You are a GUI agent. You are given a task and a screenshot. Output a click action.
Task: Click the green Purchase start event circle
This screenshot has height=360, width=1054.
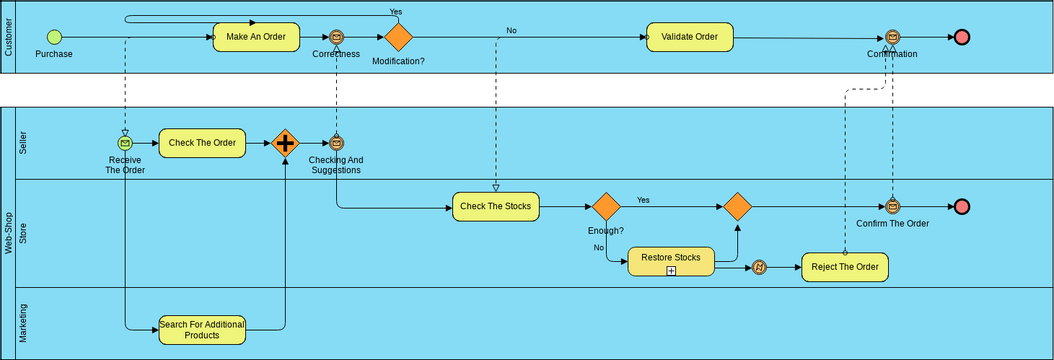point(54,37)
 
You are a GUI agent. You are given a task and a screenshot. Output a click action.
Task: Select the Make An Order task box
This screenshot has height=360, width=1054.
point(256,37)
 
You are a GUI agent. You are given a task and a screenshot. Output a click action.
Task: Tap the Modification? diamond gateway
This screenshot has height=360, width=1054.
point(398,37)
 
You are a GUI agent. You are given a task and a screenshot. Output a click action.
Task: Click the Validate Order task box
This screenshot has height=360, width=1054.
point(689,37)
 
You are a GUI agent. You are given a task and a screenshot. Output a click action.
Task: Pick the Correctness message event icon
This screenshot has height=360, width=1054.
point(337,37)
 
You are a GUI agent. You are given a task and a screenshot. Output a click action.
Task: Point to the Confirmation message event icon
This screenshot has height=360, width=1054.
point(892,37)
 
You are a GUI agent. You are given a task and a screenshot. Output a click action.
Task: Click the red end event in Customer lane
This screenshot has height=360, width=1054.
point(962,37)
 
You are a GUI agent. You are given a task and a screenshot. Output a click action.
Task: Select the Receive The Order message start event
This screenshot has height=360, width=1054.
point(125,143)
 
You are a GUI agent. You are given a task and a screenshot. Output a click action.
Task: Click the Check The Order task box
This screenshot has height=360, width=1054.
point(202,143)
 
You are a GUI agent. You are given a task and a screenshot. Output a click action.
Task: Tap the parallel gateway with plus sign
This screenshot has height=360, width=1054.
point(286,143)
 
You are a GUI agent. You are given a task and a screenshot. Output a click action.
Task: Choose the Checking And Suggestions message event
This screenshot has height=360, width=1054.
point(336,143)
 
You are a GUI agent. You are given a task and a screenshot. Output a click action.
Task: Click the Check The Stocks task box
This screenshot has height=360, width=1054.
point(496,207)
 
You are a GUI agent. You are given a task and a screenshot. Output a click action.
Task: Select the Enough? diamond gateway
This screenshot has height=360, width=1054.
point(606,207)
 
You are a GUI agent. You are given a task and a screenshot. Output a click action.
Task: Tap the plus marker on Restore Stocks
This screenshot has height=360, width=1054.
point(672,270)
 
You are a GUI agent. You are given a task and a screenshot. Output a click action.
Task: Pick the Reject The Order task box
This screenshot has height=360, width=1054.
point(844,267)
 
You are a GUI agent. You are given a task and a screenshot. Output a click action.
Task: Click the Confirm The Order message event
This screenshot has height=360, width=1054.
point(892,207)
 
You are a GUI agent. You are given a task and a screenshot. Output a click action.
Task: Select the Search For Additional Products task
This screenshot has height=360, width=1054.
point(202,329)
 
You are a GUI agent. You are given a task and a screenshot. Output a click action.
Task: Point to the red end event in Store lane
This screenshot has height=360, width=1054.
point(962,207)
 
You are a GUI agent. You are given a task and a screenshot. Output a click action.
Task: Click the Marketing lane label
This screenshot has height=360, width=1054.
point(24,323)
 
